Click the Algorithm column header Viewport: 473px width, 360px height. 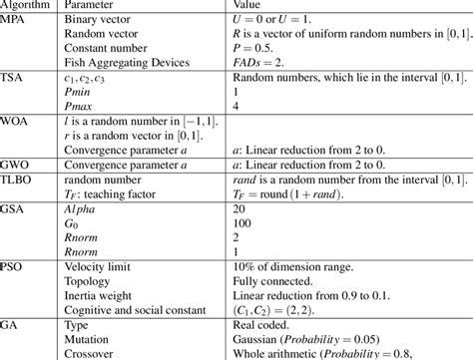[29, 6]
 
